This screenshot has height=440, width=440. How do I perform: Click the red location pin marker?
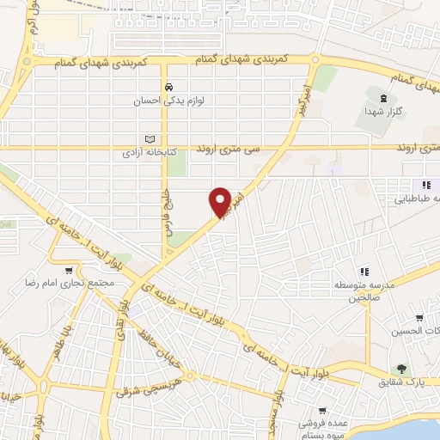pyautogui.click(x=220, y=201)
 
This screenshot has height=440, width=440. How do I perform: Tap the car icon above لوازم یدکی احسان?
pyautogui.click(x=170, y=87)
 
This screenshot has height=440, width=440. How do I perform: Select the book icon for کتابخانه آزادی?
pyautogui.click(x=150, y=138)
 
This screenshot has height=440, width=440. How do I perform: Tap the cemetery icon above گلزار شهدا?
pyautogui.click(x=371, y=95)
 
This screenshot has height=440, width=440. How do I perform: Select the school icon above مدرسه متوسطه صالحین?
pyautogui.click(x=363, y=273)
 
